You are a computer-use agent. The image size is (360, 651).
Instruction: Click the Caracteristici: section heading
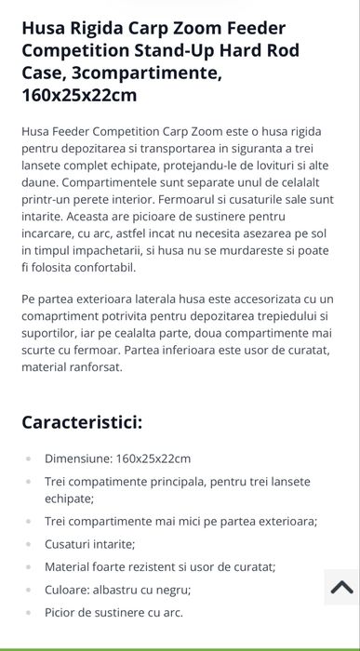(82, 422)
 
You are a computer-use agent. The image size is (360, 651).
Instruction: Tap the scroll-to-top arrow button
(340, 587)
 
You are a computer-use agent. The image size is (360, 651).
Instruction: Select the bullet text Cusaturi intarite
(89, 544)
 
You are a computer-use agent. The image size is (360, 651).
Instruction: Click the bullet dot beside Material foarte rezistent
(28, 566)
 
